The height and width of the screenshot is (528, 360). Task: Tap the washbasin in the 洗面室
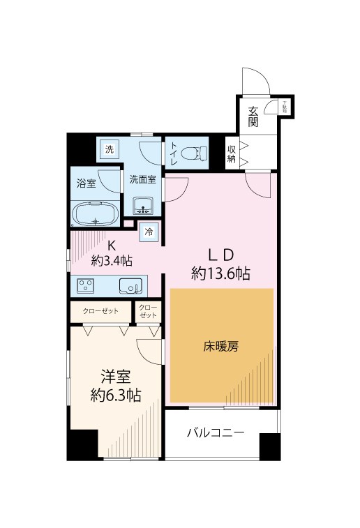(x=144, y=206)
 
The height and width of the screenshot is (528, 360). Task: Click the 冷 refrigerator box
(x=149, y=232)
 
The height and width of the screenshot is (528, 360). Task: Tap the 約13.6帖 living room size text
(x=221, y=273)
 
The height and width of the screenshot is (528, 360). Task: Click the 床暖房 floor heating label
(x=221, y=346)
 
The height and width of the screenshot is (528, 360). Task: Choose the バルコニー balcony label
(x=216, y=433)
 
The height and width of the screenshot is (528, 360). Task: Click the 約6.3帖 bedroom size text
(x=115, y=395)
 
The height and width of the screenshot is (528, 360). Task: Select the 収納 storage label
(x=231, y=154)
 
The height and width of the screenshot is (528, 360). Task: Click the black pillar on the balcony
(x=269, y=446)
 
